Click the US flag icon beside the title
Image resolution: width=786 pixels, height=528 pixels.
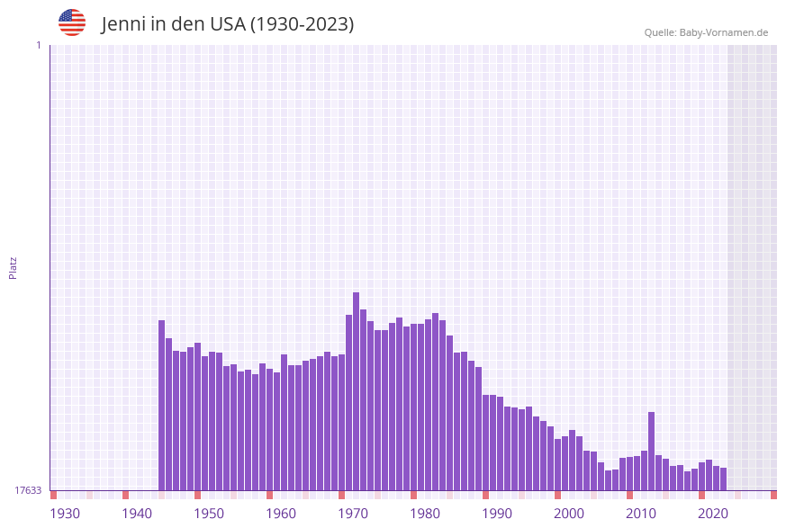[72, 22]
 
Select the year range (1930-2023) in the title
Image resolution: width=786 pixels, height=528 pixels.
[302, 24]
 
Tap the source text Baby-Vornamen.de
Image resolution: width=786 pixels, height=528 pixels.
[723, 32]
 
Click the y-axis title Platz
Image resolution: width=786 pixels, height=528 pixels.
[14, 267]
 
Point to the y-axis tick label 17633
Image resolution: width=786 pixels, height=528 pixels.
[28, 490]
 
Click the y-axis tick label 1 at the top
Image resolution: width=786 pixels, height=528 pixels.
[38, 45]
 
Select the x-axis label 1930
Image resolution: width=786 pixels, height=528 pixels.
[65, 514]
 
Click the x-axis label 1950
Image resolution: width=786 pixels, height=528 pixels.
[209, 514]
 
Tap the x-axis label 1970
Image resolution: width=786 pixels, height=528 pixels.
[353, 514]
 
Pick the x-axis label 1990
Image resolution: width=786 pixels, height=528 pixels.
[497, 514]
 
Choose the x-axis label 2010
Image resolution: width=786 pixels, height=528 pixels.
[641, 514]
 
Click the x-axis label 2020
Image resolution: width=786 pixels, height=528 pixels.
[713, 514]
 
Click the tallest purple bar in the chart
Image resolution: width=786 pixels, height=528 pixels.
[357, 391]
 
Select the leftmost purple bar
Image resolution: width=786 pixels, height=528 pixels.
[162, 405]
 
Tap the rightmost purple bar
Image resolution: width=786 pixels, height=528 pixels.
[723, 479]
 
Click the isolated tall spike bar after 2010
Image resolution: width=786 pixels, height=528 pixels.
[652, 451]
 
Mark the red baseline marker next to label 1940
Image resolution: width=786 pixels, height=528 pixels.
[126, 495]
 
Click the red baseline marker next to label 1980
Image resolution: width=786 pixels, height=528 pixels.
[414, 495]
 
